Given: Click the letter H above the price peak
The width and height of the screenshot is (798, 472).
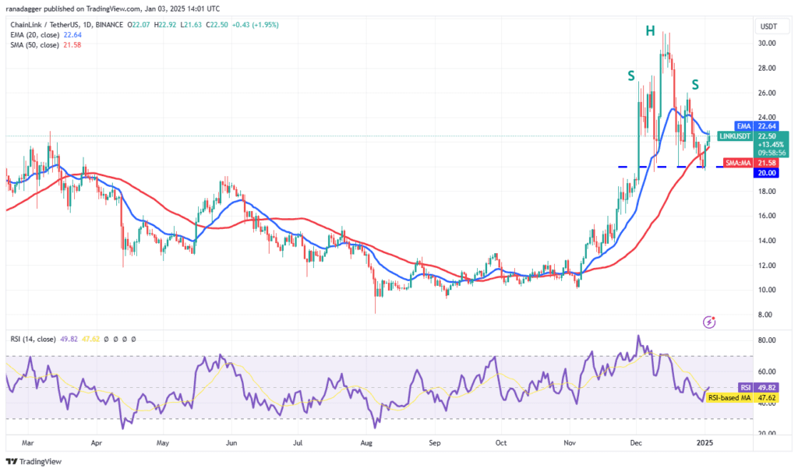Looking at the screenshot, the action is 650,31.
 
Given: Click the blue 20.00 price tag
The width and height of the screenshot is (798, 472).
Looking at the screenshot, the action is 767,173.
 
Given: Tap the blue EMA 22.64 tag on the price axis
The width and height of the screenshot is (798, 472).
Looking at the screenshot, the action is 757,126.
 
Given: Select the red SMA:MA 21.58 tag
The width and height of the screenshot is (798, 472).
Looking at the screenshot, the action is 751,163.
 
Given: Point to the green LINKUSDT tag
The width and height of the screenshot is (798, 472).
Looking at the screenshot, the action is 734,136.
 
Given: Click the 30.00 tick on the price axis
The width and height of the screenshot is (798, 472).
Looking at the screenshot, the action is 767,44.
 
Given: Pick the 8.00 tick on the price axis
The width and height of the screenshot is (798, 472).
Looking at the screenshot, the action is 765,315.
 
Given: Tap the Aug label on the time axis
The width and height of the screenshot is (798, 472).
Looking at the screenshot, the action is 366,443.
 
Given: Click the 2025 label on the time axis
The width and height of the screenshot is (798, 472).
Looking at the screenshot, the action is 704,443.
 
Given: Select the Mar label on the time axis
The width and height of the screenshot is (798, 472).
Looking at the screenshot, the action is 28,443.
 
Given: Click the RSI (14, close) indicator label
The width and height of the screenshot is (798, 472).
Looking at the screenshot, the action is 33,340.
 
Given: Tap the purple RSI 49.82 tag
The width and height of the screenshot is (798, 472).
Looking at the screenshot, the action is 758,388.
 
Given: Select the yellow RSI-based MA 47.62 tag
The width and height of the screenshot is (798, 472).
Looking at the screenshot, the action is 743,398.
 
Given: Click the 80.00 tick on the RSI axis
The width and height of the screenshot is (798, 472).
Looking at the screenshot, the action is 767,340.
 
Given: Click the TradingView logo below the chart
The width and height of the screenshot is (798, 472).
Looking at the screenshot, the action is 34,462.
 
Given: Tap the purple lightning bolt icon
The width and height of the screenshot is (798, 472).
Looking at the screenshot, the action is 709,322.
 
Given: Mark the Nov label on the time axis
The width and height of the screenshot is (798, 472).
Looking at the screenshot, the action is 570,443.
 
